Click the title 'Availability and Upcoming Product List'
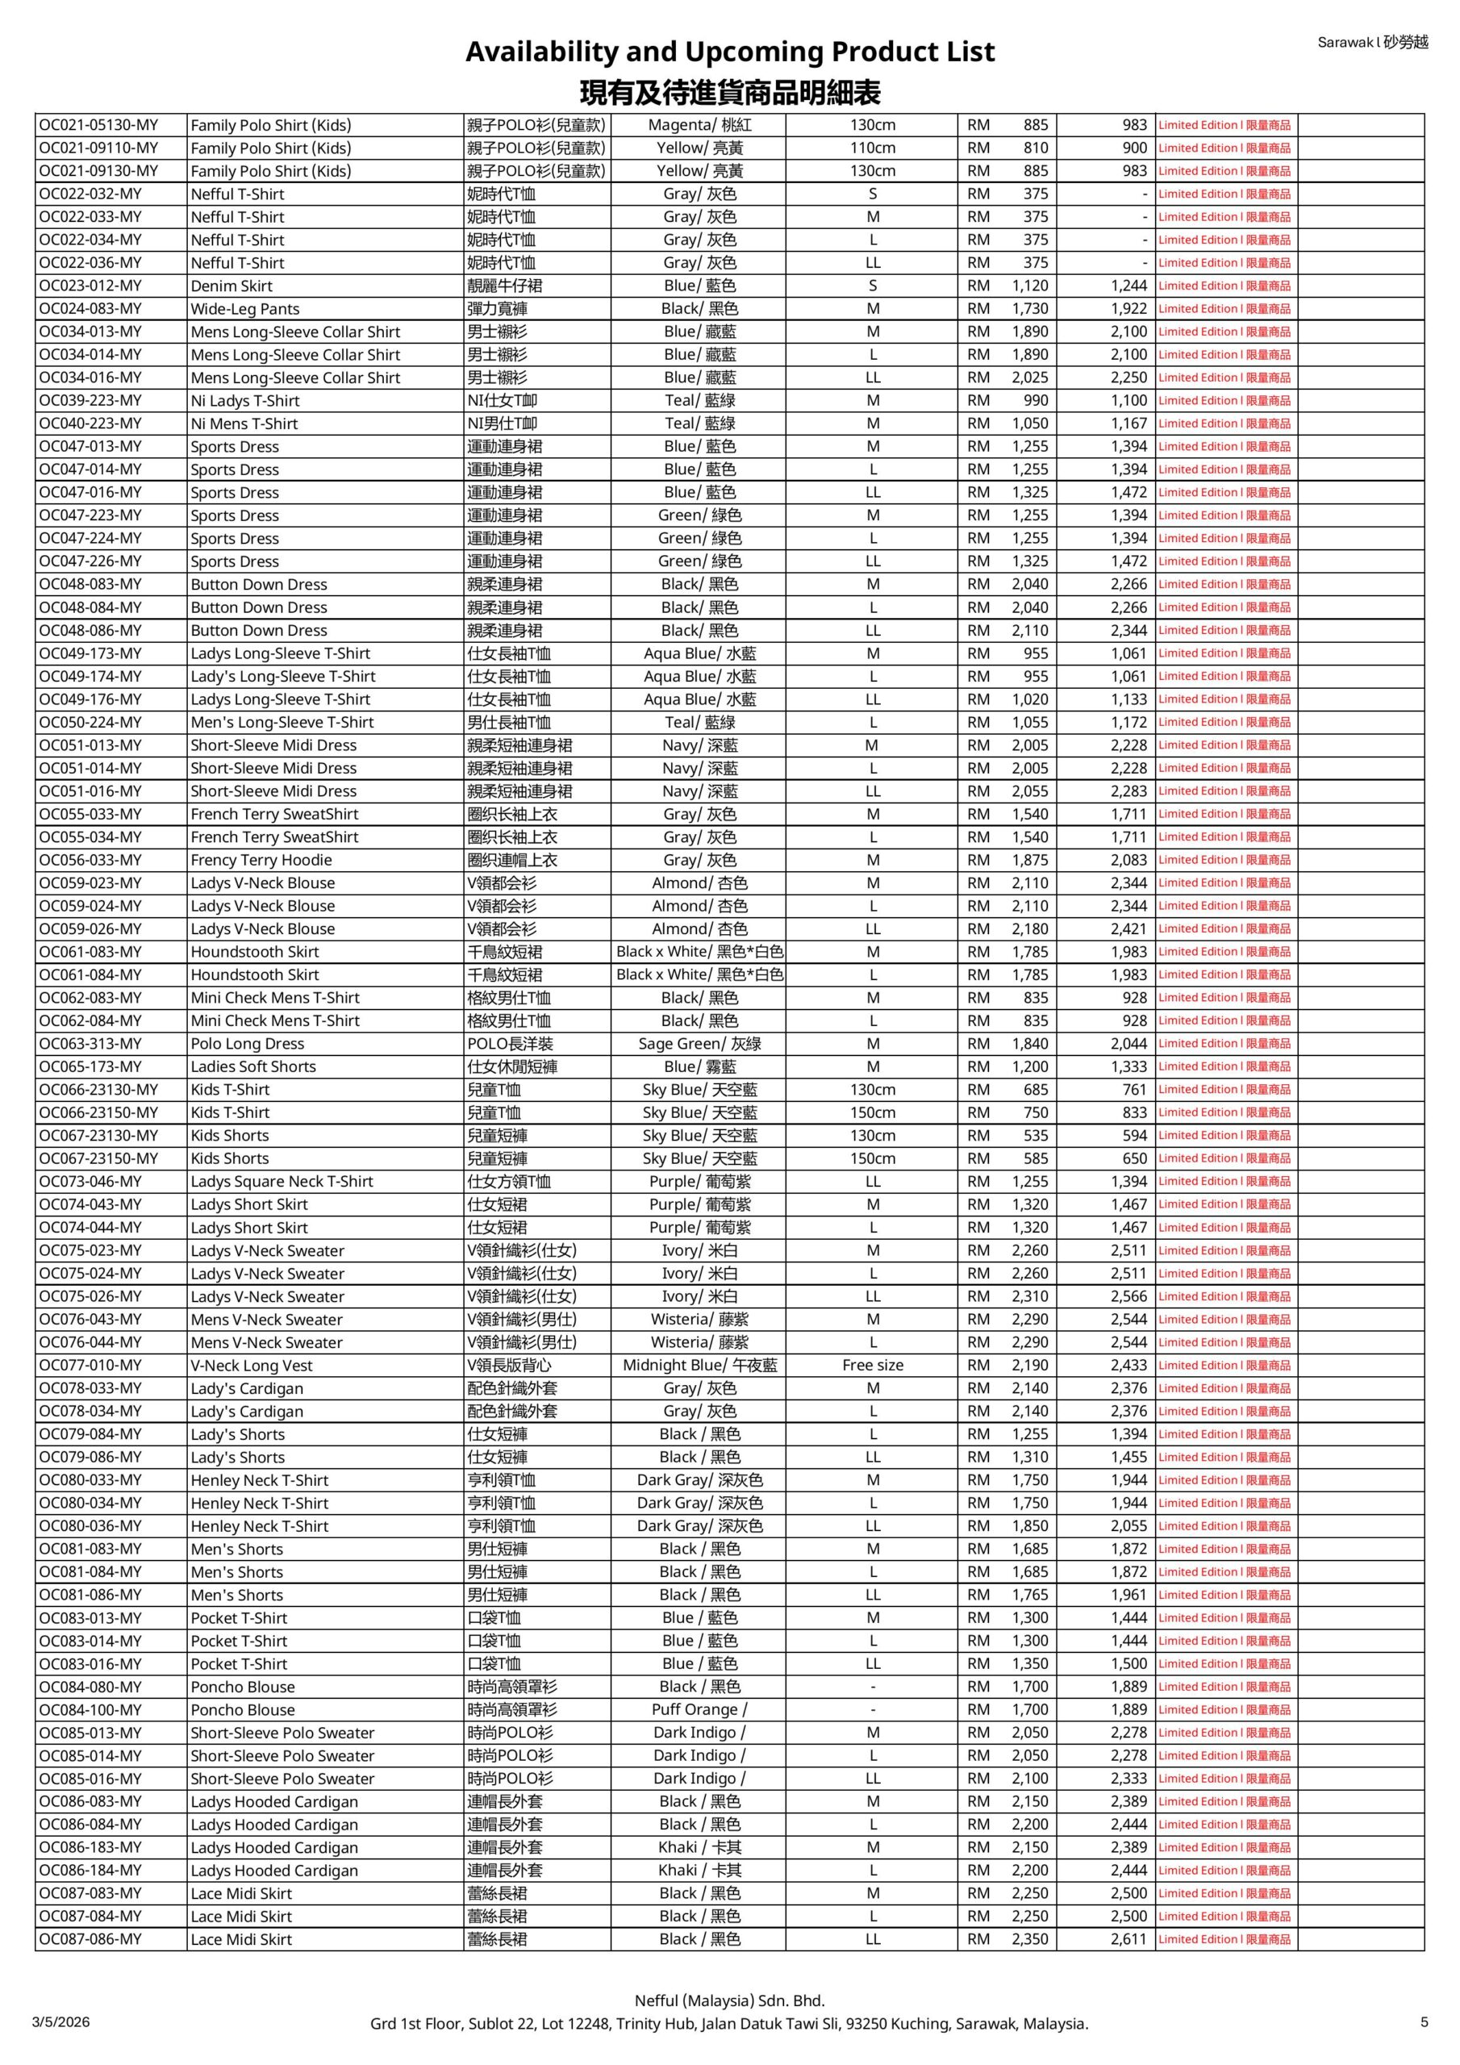pos(729,52)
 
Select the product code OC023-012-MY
pos(90,286)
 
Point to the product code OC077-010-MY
pos(90,1366)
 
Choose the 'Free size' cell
pos(873,1366)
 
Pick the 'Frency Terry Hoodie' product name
pos(261,860)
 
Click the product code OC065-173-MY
pos(90,1066)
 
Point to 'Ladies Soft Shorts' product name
pos(252,1066)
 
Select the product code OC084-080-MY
pos(90,1687)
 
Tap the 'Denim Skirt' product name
pos(232,286)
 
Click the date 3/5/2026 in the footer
pos(61,2021)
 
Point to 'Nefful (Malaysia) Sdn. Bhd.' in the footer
pos(729,2000)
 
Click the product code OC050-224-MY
pos(90,722)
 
